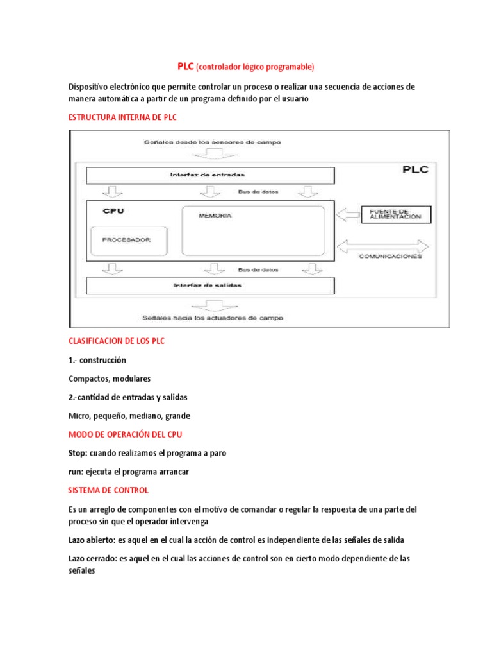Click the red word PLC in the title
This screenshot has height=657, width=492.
coord(185,67)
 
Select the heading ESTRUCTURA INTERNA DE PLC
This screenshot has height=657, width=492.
coord(122,118)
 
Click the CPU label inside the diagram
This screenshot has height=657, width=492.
coord(113,210)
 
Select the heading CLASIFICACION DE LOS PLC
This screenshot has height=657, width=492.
coord(116,341)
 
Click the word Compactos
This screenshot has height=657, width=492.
coord(88,379)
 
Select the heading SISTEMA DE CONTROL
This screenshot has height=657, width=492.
coord(108,490)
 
